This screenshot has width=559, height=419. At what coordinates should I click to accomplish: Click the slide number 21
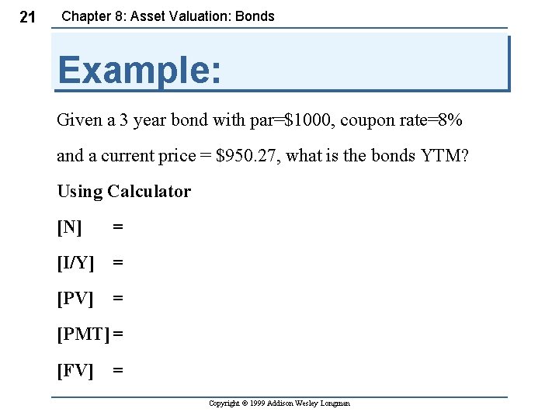[26, 17]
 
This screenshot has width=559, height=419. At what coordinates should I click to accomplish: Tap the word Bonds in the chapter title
[255, 16]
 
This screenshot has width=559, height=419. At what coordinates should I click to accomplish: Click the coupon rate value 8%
[450, 120]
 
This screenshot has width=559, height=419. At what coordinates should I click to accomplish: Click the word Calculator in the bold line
[149, 192]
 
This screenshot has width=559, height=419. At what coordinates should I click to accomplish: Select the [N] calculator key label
[69, 227]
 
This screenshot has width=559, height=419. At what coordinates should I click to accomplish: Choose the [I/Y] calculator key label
[75, 263]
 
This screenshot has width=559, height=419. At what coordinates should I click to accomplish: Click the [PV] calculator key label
[75, 299]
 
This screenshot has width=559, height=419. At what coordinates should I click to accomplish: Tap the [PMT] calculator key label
[83, 334]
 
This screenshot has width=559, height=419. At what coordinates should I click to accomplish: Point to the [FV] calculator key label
[75, 370]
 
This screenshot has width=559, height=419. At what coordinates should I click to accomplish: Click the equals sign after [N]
[118, 227]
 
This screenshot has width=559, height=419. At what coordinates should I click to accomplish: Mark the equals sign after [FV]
[118, 370]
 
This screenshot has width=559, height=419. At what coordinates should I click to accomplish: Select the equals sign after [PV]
[118, 299]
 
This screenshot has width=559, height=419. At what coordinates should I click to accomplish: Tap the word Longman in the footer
[335, 403]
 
